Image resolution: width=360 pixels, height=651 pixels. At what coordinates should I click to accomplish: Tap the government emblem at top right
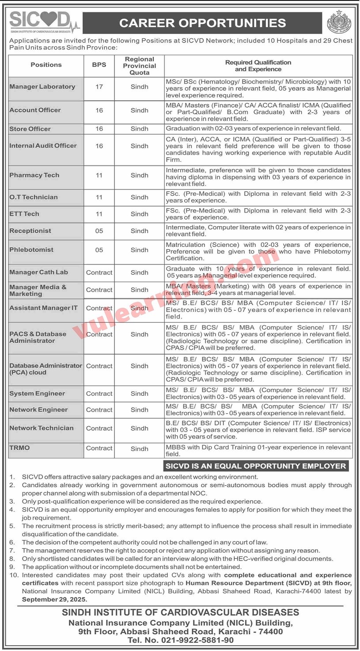pos(339,23)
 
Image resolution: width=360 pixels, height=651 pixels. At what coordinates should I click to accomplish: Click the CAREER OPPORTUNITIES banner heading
pos(202,23)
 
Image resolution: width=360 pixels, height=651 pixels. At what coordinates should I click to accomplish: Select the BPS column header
pos(99,64)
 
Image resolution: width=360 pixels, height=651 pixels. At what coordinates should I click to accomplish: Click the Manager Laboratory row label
pos(42,87)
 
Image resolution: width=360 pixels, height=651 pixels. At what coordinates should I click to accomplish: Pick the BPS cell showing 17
pos(99,87)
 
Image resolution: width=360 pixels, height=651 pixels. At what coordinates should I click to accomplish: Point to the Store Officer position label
pos(30,129)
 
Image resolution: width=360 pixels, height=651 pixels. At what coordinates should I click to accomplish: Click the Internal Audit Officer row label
pos(43,145)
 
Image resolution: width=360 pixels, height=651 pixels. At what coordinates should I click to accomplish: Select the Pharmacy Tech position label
pos(34,175)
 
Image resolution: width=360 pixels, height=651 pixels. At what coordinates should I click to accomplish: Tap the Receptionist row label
pos(30,231)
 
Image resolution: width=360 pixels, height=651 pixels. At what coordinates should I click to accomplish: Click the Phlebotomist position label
pos(31,250)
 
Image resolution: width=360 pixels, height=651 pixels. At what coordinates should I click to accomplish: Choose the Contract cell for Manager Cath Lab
pos(99,273)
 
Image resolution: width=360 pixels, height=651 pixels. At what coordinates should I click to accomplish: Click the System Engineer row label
pos(37,394)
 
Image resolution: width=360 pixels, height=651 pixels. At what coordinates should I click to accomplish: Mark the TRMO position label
pos(20,448)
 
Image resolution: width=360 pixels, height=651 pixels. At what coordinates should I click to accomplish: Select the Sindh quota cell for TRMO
pos(140,449)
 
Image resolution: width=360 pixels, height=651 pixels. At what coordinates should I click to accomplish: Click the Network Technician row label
pos(42,428)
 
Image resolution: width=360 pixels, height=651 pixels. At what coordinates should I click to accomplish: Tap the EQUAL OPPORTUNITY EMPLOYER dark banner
pos(255,466)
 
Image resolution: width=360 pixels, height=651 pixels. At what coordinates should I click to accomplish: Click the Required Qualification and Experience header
pos(258,66)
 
